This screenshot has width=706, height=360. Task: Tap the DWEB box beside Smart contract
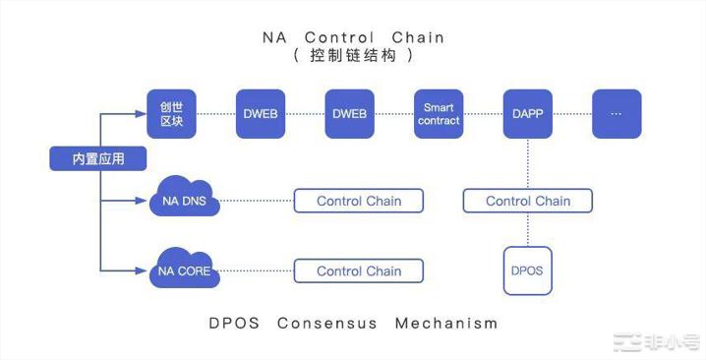349,113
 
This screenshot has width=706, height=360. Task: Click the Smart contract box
439,113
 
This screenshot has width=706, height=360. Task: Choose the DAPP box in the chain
527,113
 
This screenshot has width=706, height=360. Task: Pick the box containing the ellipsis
617,113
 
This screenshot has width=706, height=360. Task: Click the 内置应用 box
98,158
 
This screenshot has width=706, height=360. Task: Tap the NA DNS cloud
183,201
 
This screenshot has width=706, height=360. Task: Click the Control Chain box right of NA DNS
359,201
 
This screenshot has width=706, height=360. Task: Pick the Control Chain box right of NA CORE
359,270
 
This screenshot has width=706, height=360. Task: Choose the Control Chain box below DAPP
528,201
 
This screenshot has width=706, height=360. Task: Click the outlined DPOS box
528,270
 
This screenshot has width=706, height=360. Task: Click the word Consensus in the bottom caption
325,323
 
